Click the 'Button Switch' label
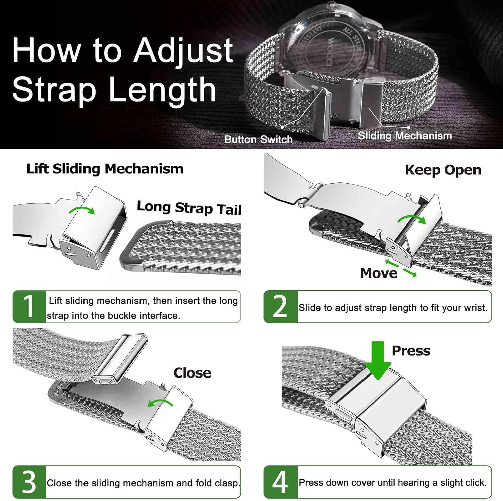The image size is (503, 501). point(258,139)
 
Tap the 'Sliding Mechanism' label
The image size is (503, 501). point(405,136)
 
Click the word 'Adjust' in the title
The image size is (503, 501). point(183,50)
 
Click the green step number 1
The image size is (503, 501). point(29,306)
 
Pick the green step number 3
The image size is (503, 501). point(29,482)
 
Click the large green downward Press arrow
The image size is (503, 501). point(378,360)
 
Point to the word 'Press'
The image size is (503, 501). point(411,351)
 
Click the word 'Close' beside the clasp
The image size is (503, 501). point(192,373)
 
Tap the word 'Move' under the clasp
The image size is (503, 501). point(379,273)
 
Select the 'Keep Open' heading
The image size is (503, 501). point(443,170)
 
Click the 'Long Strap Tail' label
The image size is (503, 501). point(189,208)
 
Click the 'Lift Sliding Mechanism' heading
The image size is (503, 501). point(105,169)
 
